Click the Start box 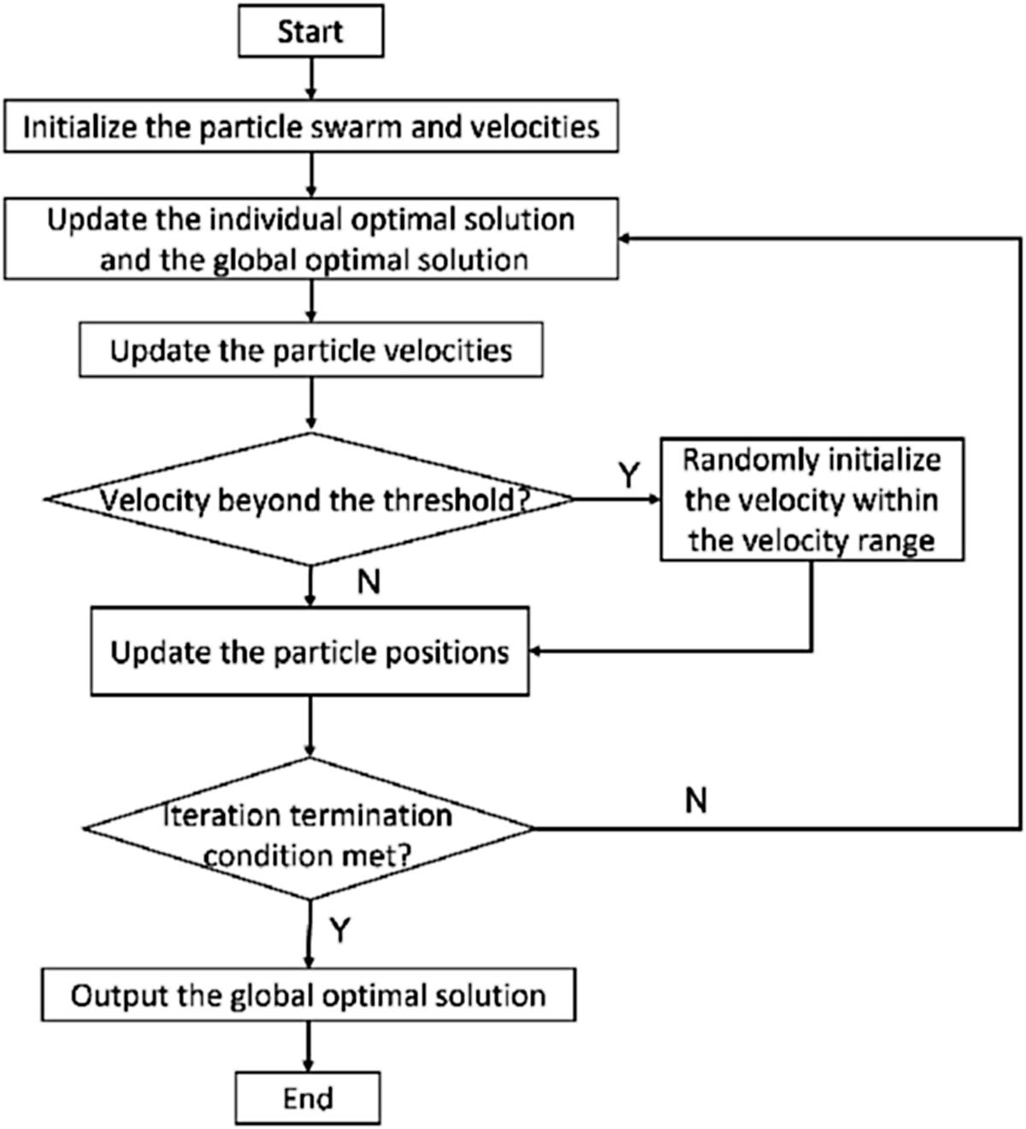(x=311, y=32)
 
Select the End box (x=308, y=1098)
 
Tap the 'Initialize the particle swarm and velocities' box (x=311, y=126)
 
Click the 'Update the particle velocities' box (x=311, y=350)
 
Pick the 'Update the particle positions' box (x=310, y=651)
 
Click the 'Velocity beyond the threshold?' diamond (x=310, y=499)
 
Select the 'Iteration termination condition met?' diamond (x=309, y=828)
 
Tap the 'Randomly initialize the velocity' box (x=812, y=499)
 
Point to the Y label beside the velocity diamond (x=629, y=475)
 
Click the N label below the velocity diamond (x=369, y=581)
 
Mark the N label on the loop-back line (x=697, y=800)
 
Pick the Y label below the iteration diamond (x=340, y=929)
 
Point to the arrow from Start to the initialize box (x=311, y=79)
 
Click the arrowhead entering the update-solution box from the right (x=624, y=238)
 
